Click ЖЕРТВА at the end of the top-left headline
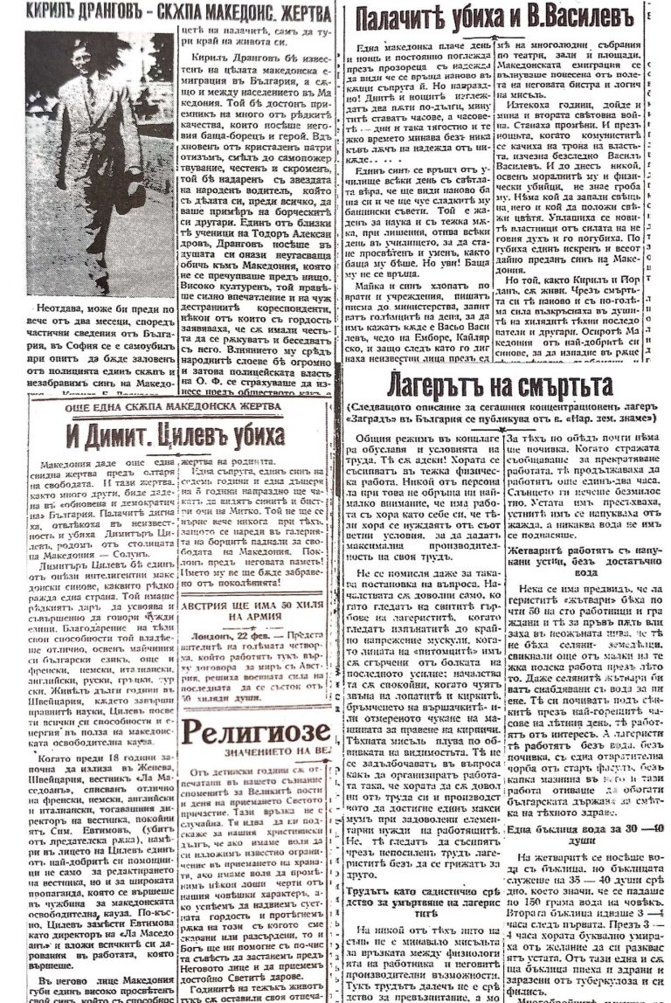pos(306,12)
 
